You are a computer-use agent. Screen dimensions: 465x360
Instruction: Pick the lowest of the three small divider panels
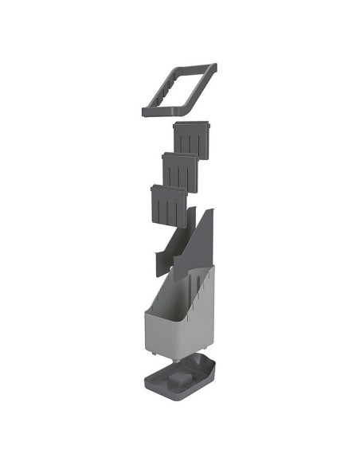coord(170,203)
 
